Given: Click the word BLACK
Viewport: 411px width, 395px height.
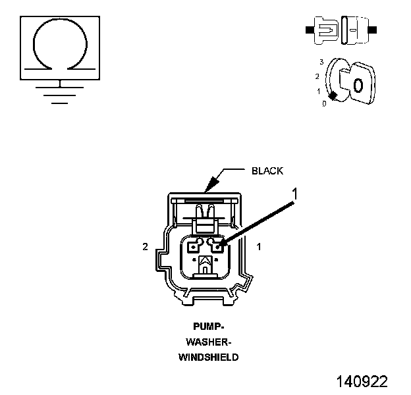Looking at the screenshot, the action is tap(267, 171).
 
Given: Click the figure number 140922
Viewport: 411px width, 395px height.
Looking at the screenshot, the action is tap(362, 381).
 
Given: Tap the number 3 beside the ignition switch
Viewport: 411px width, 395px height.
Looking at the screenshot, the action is tap(321, 61).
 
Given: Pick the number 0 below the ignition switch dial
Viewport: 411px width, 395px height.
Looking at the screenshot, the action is tap(323, 104).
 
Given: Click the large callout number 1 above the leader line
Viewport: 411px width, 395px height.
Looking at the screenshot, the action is tap(296, 194).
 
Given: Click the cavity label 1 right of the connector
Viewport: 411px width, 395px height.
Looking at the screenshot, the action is tap(259, 247).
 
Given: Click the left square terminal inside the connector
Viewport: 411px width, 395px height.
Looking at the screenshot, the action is tap(194, 248).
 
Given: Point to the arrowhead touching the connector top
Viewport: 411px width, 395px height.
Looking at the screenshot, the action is tap(209, 186).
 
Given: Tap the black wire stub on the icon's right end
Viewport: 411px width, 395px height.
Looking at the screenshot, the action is tap(373, 30).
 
